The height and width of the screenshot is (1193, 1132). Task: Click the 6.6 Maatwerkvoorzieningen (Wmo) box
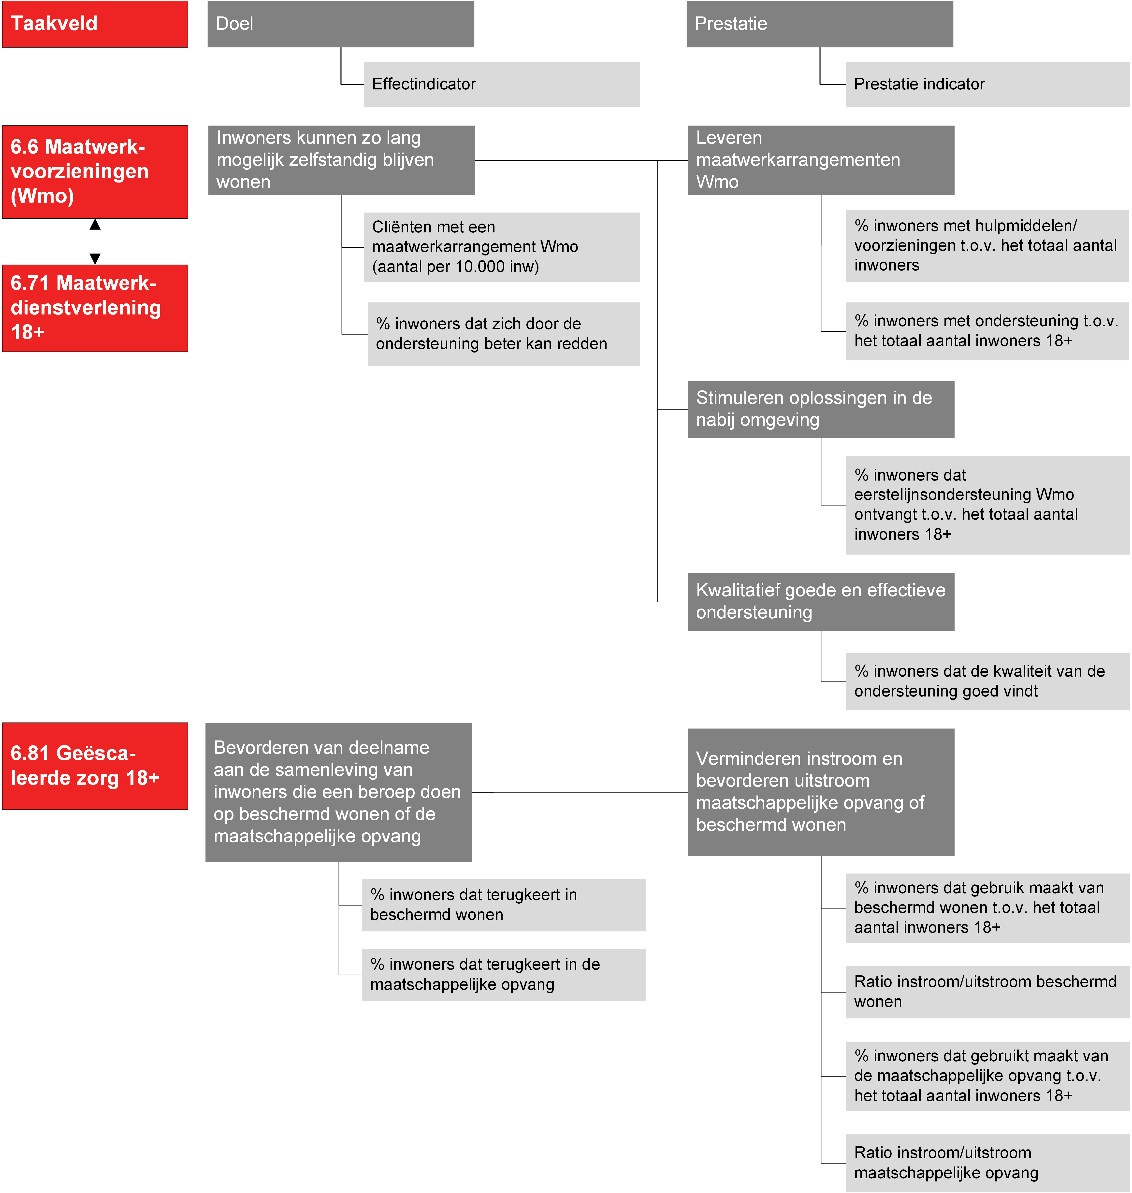95,172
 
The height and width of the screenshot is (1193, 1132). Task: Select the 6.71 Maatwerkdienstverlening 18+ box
95,308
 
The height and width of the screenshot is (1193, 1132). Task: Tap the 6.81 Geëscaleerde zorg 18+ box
95,766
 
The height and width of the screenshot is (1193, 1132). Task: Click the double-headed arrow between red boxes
95,241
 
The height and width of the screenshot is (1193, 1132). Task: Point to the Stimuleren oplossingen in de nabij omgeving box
821,409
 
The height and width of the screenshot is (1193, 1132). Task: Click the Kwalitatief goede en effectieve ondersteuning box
821,601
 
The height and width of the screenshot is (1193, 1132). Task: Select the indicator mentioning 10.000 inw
501,247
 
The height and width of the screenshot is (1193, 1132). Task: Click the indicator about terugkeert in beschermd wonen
503,905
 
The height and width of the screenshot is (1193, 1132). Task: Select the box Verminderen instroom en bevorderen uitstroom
821,792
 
